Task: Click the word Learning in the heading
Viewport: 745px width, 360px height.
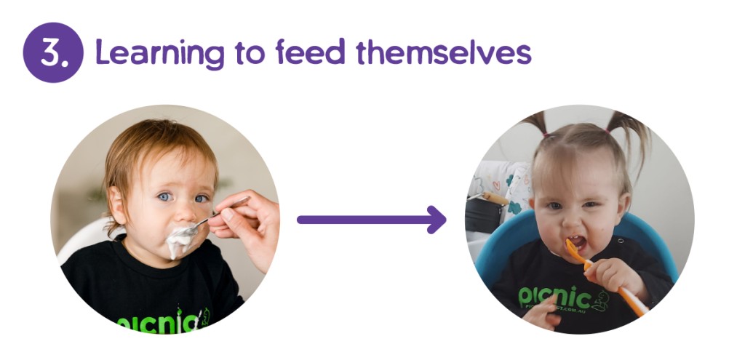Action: point(148,54)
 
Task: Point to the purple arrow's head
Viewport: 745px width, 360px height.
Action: point(437,219)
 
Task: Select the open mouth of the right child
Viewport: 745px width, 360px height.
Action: point(575,241)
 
